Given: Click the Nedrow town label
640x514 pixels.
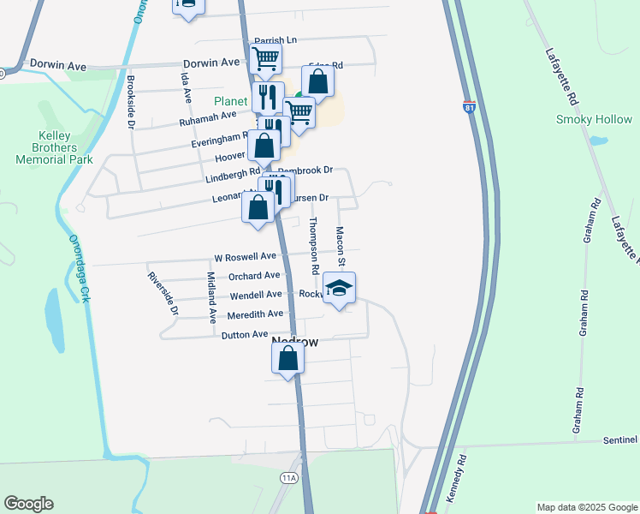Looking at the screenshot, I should [x=294, y=342].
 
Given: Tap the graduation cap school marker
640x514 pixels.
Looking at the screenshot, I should [x=340, y=290].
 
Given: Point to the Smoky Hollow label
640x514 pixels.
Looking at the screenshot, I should [x=593, y=120].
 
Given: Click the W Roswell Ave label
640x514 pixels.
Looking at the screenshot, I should [x=245, y=256].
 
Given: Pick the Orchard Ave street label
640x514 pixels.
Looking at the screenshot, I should [x=254, y=276].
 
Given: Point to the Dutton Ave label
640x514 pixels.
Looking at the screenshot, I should [x=245, y=334].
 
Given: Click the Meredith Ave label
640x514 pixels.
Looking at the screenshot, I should [x=251, y=314].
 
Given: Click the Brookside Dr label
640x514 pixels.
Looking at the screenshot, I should [x=132, y=100].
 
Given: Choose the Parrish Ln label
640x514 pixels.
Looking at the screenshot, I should [x=275, y=40].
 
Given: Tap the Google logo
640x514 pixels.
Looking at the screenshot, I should [x=28, y=504].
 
